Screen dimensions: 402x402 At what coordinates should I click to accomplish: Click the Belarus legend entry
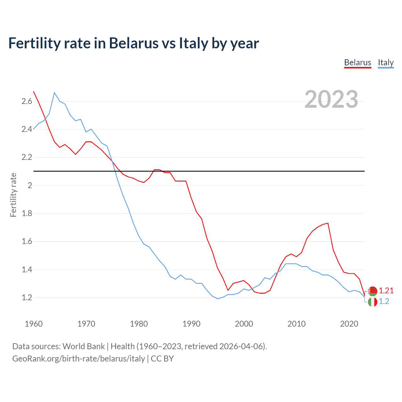[357, 62]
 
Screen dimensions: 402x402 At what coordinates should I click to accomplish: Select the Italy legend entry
[386, 62]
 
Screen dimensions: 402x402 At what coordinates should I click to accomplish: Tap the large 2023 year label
[331, 99]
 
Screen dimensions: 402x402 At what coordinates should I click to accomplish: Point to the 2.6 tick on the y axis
[27, 101]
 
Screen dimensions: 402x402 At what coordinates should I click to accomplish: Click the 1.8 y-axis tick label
[27, 214]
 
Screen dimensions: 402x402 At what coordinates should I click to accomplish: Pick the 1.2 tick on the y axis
[27, 297]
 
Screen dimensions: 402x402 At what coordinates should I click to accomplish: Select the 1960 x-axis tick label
[34, 324]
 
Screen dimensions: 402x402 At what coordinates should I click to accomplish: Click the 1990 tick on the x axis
[191, 324]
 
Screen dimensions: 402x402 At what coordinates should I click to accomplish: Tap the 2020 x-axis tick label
[349, 324]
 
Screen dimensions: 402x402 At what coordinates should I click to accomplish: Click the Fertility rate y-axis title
[13, 195]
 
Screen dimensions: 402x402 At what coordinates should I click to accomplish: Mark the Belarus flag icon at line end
[372, 291]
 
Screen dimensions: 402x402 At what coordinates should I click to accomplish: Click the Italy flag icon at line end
[372, 302]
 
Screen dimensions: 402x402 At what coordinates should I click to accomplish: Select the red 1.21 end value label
[386, 291]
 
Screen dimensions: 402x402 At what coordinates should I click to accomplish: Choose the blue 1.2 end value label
[384, 301]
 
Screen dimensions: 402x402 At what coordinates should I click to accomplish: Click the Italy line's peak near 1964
[54, 93]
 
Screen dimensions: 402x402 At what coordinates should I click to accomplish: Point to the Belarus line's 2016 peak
[328, 223]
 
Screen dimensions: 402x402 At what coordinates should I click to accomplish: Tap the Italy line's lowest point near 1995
[217, 299]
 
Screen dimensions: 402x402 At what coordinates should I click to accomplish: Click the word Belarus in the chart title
[133, 43]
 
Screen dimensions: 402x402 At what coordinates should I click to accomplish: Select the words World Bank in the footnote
[84, 346]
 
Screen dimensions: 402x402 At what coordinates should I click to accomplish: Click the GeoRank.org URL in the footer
[79, 358]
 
